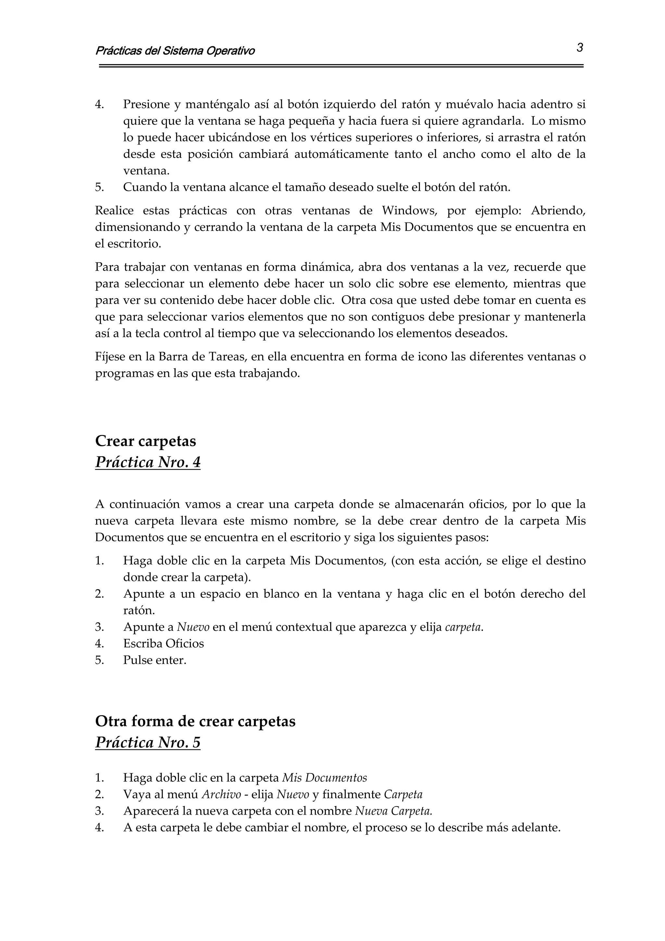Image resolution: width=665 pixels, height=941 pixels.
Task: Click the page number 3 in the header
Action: point(579,48)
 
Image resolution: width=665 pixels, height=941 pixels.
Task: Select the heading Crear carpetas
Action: point(145,441)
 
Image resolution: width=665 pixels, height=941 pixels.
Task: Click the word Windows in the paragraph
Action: point(409,211)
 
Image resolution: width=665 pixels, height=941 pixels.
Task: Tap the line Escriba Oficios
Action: point(163,643)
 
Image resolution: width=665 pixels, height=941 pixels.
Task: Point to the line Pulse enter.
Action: point(155,660)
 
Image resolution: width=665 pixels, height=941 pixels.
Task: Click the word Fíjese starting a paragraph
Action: point(110,357)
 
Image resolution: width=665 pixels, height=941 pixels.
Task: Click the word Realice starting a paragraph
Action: point(114,211)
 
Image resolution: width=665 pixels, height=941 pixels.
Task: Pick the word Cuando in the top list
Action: point(144,188)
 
